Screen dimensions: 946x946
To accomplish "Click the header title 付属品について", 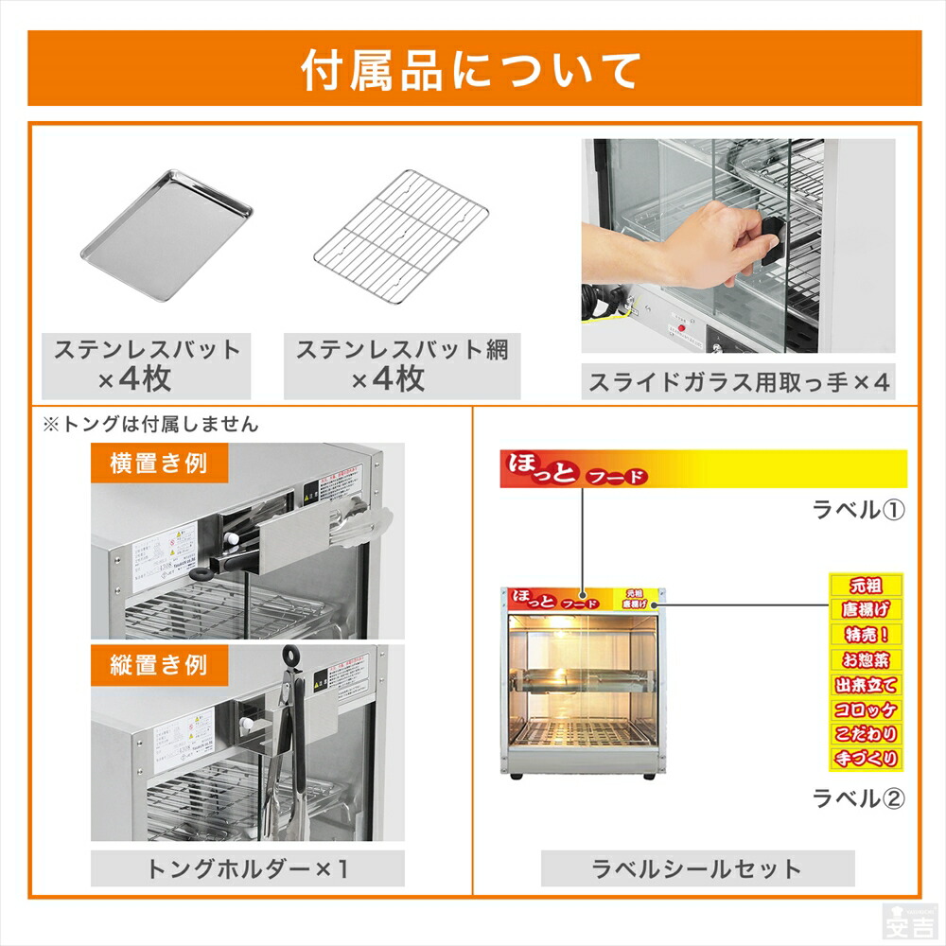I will [472, 70].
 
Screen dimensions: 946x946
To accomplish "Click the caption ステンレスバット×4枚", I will [147, 364].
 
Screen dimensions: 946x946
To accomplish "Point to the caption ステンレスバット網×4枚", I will [401, 364].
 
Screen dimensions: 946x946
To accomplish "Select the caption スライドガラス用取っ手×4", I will [739, 382].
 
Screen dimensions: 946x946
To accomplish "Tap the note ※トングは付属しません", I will [150, 425].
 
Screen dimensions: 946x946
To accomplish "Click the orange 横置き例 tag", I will [158, 464].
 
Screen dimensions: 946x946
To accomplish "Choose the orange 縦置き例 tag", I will [158, 664].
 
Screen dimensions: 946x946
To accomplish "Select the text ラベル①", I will [859, 510].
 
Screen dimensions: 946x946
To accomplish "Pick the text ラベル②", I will [859, 797].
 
